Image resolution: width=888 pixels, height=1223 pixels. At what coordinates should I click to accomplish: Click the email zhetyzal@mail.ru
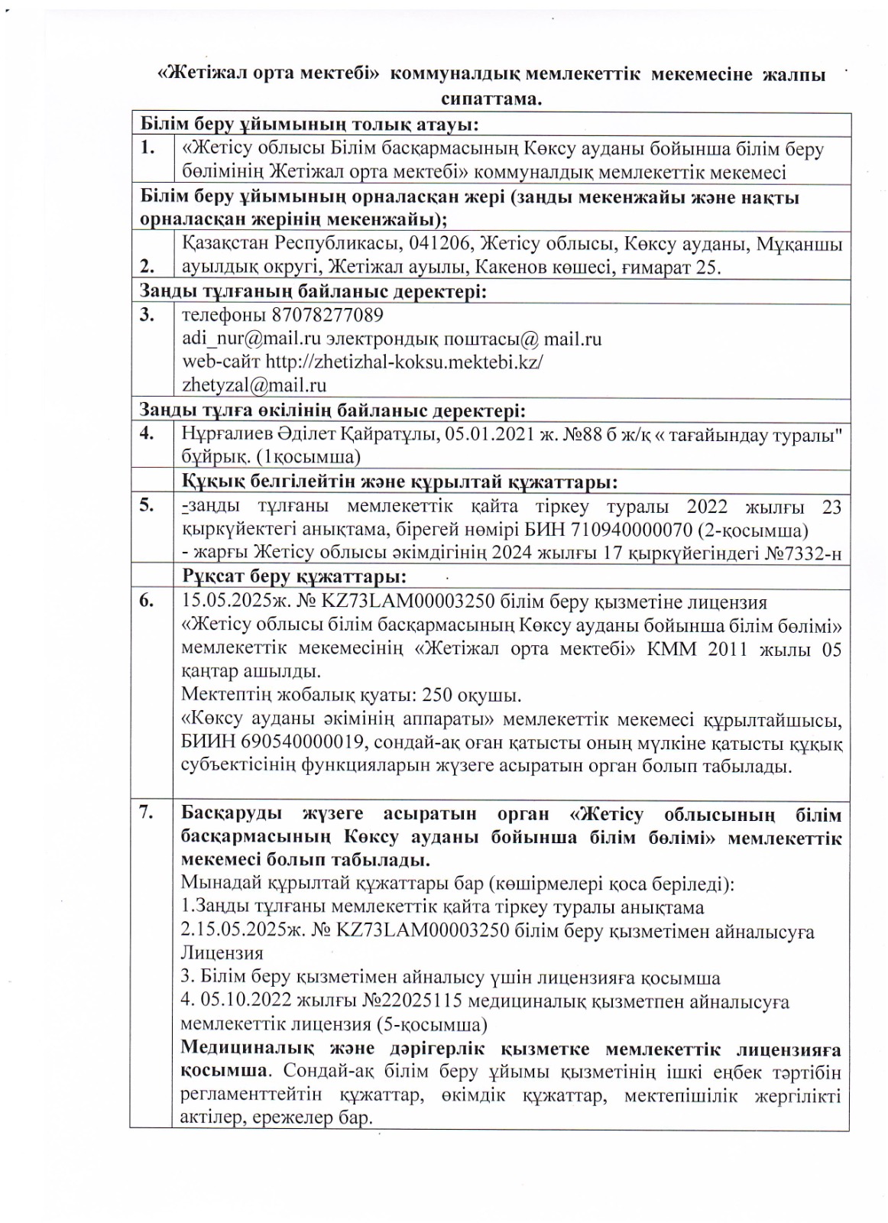tap(254, 384)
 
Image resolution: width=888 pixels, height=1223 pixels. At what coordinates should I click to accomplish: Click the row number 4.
tap(147, 433)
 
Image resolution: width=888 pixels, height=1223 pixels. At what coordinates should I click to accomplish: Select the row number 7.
tap(147, 814)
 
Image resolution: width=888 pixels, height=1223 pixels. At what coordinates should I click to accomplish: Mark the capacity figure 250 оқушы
tap(488, 696)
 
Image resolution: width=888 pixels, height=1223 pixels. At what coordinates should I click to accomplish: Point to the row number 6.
tap(147, 602)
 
